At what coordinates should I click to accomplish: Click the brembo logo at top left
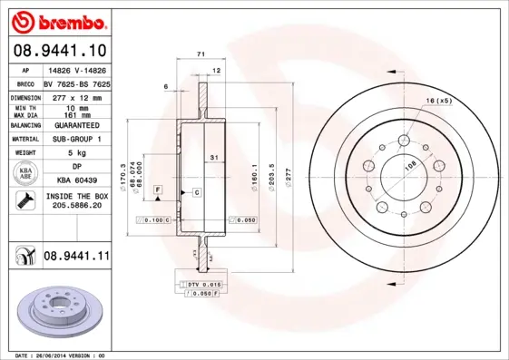pyautogui.click(x=57, y=20)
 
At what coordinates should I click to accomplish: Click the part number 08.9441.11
pyautogui.click(x=76, y=257)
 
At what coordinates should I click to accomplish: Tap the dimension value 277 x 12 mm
pyautogui.click(x=75, y=96)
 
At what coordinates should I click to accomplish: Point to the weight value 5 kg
pyautogui.click(x=75, y=153)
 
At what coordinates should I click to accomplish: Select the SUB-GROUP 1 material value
pyautogui.click(x=76, y=139)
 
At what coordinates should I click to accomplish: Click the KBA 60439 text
pyautogui.click(x=76, y=181)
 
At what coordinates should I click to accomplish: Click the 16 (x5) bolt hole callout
pyautogui.click(x=438, y=100)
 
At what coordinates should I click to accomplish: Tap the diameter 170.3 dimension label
pyautogui.click(x=122, y=171)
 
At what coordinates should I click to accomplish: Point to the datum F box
pyautogui.click(x=158, y=189)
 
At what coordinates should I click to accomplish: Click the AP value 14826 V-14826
pyautogui.click(x=76, y=70)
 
